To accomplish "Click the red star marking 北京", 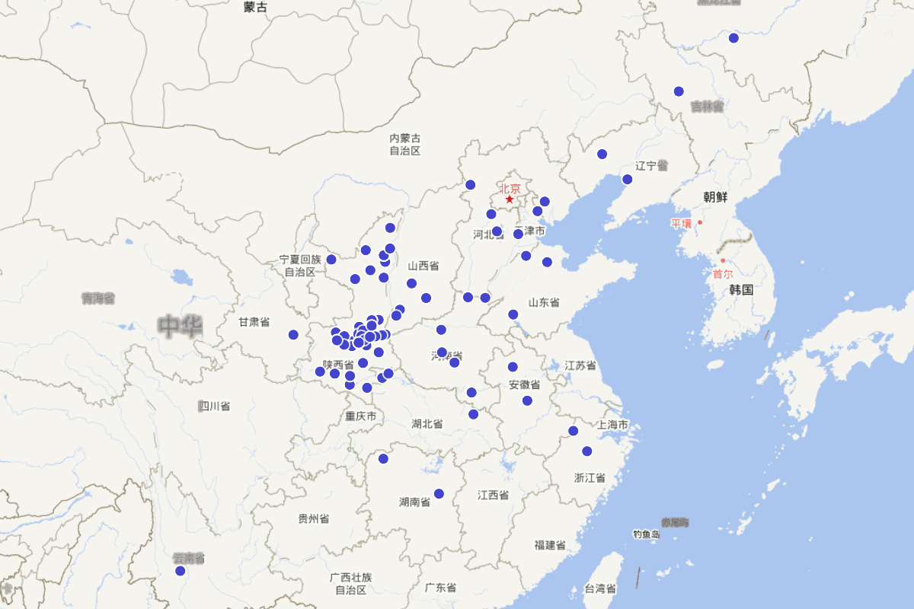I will (510, 199).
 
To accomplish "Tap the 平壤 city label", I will (681, 224).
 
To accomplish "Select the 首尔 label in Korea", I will (722, 274).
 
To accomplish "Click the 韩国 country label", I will (741, 290).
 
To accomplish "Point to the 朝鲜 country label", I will (715, 197).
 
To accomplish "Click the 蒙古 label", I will (255, 7).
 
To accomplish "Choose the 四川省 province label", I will (214, 406).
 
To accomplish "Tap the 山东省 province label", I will (544, 303).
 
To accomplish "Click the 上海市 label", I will (613, 425).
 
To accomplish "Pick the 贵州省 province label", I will (313, 519).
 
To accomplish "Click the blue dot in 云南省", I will (181, 571).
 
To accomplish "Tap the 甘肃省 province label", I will (254, 323).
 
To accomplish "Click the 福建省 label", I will (549, 545).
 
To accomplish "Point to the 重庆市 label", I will (360, 416).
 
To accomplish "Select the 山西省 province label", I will (423, 266).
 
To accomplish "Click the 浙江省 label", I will (590, 478).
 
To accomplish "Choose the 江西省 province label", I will (493, 496).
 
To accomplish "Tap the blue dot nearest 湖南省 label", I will (439, 493).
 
